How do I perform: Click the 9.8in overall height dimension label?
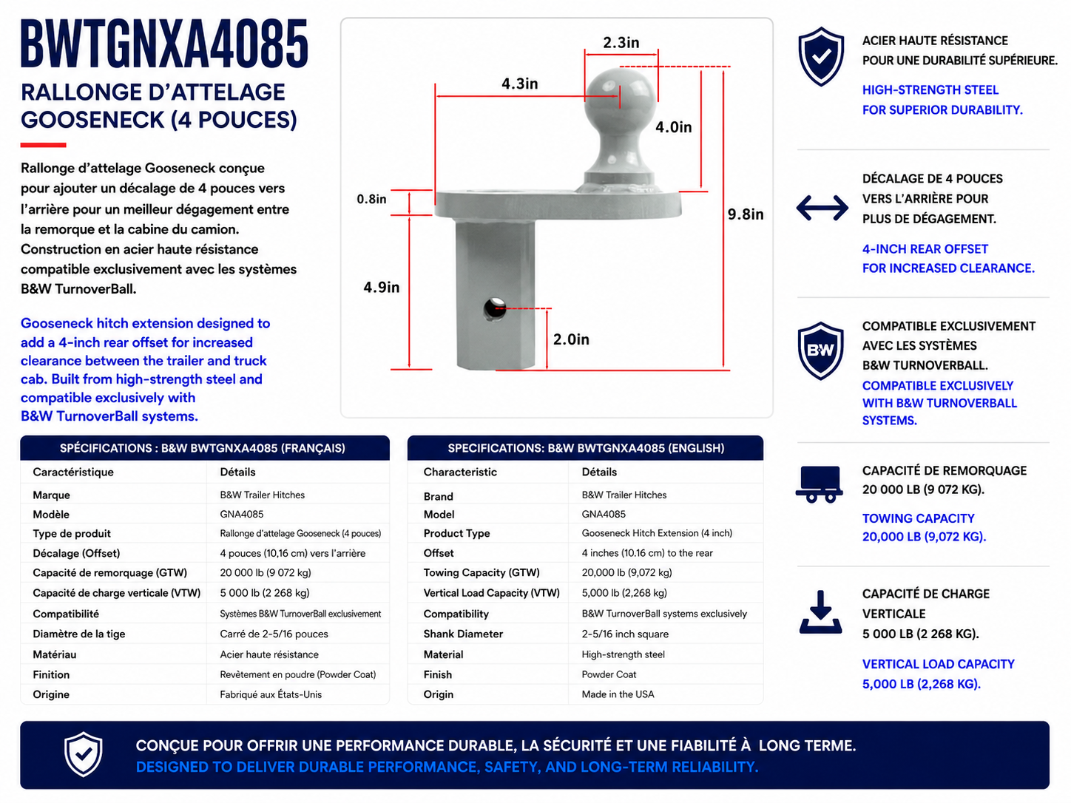pyautogui.click(x=745, y=214)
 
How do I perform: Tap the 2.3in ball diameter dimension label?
pyautogui.click(x=621, y=42)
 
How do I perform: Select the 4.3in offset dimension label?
pyautogui.click(x=520, y=84)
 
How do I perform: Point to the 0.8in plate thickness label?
pyautogui.click(x=371, y=199)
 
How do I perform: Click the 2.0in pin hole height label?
pyautogui.click(x=571, y=339)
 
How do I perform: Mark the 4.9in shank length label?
pyautogui.click(x=381, y=287)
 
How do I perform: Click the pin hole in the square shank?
pyautogui.click(x=494, y=308)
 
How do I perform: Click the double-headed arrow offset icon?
pyautogui.click(x=822, y=208)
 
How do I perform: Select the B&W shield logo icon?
pyautogui.click(x=820, y=350)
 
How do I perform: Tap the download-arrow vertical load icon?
pyautogui.click(x=820, y=612)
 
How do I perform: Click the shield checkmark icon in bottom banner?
pyautogui.click(x=84, y=754)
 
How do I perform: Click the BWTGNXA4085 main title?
pyautogui.click(x=164, y=44)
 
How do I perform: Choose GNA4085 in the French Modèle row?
pyautogui.click(x=242, y=514)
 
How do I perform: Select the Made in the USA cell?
pyautogui.click(x=618, y=694)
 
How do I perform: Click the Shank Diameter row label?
pyautogui.click(x=463, y=634)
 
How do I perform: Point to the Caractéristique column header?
pyautogui.click(x=73, y=472)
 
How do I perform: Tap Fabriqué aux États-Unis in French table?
pyautogui.click(x=271, y=694)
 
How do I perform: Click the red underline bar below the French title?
pyautogui.click(x=43, y=145)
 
